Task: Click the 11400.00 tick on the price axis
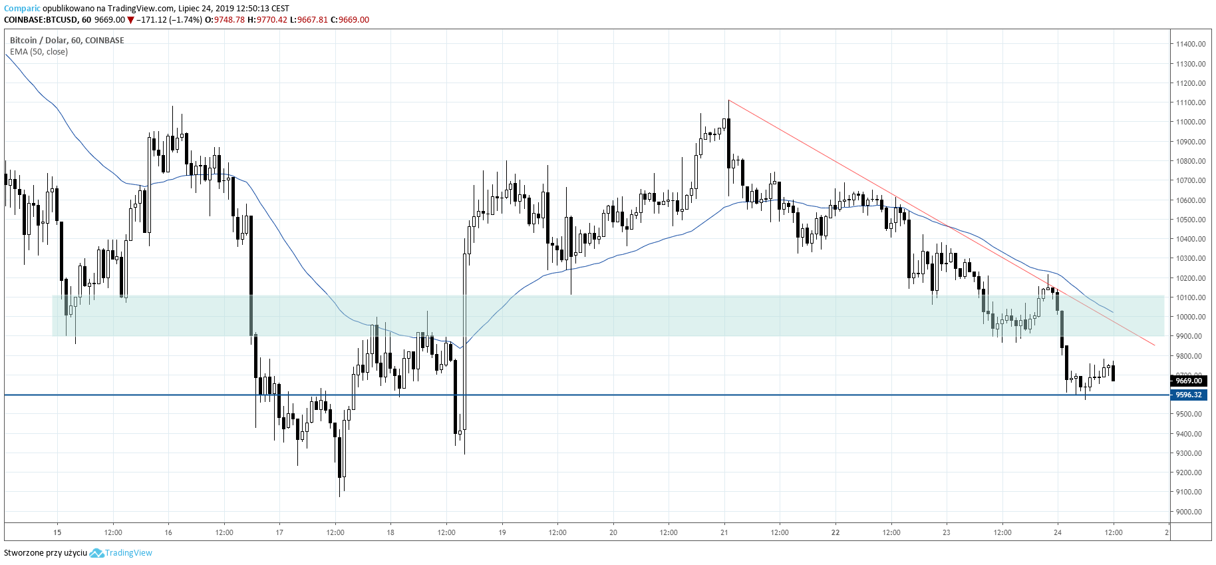point(1190,44)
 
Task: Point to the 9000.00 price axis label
point(1189,512)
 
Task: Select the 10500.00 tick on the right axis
point(1190,220)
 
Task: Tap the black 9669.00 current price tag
point(1189,381)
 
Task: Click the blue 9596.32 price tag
point(1189,395)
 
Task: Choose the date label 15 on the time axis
point(57,532)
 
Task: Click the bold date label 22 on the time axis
point(836,532)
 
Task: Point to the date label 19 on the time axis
point(502,532)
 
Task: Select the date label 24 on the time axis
point(1058,532)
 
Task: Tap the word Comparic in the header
point(22,9)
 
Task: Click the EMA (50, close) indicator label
point(39,52)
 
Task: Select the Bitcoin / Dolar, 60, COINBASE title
point(67,41)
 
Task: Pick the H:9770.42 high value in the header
point(267,20)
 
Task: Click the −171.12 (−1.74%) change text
point(169,20)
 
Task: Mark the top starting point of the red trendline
point(729,100)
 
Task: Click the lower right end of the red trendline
point(1154,345)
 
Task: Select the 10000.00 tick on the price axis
point(1190,317)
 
